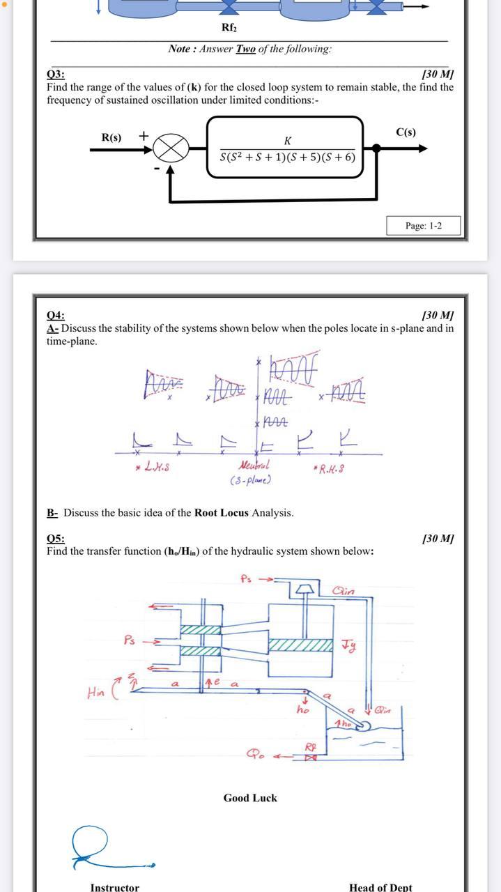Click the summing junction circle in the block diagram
(x=171, y=148)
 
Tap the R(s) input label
(x=111, y=137)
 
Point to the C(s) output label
(x=406, y=132)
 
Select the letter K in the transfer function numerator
(x=287, y=141)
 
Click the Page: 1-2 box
(x=423, y=226)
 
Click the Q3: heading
(x=56, y=75)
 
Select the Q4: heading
(x=56, y=316)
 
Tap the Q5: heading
(x=56, y=539)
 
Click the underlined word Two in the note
(x=245, y=49)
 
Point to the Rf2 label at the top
(x=229, y=27)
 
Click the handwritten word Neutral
(x=254, y=465)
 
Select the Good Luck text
(x=250, y=798)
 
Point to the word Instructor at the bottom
(x=114, y=887)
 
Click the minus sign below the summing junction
(x=157, y=169)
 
